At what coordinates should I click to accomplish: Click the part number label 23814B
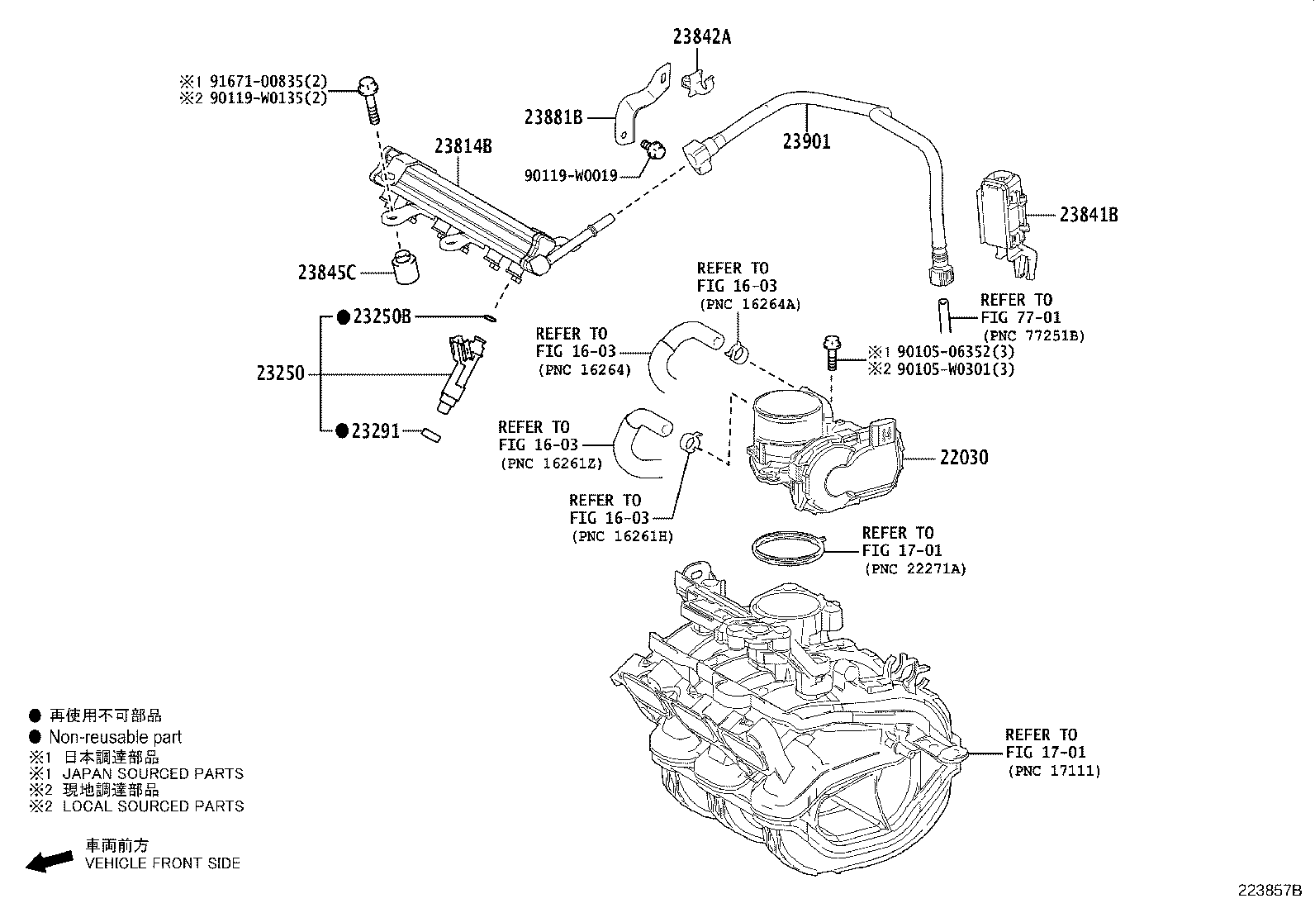coord(463,147)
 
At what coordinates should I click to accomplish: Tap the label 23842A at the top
coord(701,37)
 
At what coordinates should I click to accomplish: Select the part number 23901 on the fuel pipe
coord(806,142)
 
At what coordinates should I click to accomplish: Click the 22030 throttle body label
coord(963,458)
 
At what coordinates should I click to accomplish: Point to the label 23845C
coord(327,272)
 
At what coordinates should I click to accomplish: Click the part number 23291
coord(375,431)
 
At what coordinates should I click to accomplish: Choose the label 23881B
coord(553,117)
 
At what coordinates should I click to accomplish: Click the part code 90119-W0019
coord(570,176)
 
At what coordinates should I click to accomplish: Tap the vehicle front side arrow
coord(48,860)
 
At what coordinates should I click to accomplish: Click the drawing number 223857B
coord(1269,891)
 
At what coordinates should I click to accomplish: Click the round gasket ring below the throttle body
coord(788,548)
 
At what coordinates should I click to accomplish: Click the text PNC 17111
coord(1054,771)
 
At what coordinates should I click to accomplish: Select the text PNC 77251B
coord(1032,335)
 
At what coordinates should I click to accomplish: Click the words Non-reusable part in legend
coord(115,737)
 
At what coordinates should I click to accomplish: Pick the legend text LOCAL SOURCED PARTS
coord(153,806)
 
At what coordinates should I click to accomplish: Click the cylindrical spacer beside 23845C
coord(405,269)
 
